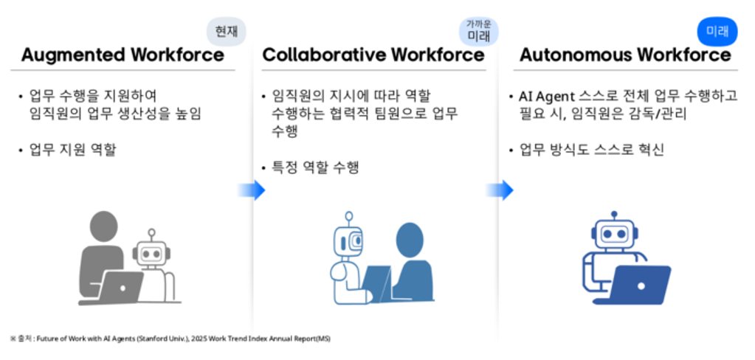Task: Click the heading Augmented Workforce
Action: [123, 55]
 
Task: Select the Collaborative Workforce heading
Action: [373, 55]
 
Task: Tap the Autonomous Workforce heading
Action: [625, 55]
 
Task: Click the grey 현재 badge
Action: [225, 31]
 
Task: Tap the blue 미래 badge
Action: [717, 31]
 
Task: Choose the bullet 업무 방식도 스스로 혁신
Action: [591, 150]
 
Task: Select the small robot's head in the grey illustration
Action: [151, 252]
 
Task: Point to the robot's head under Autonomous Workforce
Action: [615, 232]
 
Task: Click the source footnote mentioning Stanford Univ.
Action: [170, 339]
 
